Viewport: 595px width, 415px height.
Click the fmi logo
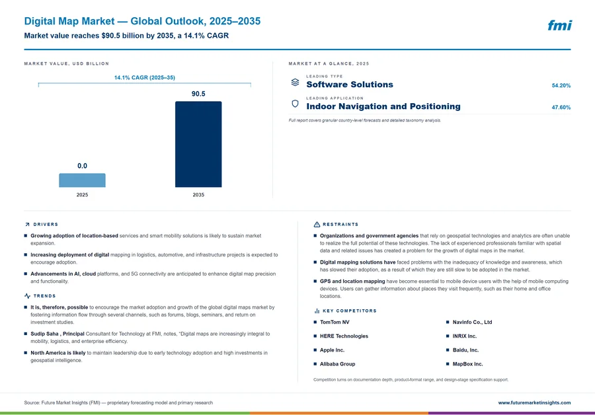pyautogui.click(x=559, y=25)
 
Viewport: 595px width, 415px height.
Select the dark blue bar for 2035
pyautogui.click(x=198, y=144)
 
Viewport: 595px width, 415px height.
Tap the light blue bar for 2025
pyautogui.click(x=82, y=180)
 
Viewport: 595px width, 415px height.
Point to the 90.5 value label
pyautogui.click(x=198, y=94)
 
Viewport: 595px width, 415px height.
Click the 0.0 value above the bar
pyautogui.click(x=82, y=166)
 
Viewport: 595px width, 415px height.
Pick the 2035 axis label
pyautogui.click(x=198, y=194)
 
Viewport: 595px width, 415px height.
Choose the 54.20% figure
pyautogui.click(x=561, y=85)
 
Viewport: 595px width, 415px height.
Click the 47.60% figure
pyautogui.click(x=561, y=107)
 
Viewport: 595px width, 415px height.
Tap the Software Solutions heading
pyautogui.click(x=350, y=85)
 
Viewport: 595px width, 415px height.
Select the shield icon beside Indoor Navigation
pyautogui.click(x=295, y=104)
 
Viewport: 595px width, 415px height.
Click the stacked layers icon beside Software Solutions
pyautogui.click(x=295, y=82)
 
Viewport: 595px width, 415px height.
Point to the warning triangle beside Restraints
pyautogui.click(x=317, y=225)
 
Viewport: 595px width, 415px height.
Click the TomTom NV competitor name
pyautogui.click(x=335, y=322)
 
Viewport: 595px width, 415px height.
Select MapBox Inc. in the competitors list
pyautogui.click(x=467, y=364)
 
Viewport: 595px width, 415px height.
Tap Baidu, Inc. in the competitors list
pyautogui.click(x=465, y=350)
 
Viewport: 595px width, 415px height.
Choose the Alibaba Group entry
pyautogui.click(x=337, y=364)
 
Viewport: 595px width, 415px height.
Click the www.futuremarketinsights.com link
pyautogui.click(x=534, y=402)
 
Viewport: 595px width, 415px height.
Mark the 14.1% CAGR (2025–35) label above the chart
pyautogui.click(x=145, y=77)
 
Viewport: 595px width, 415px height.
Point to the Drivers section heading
pyautogui.click(x=46, y=225)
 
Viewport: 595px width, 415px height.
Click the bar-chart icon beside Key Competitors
pyautogui.click(x=317, y=311)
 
